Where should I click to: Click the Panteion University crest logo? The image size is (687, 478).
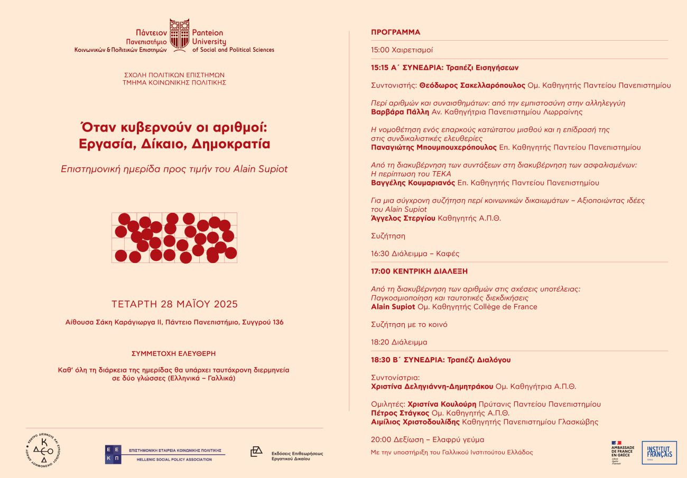point(179,34)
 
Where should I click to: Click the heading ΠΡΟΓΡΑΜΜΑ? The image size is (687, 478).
point(395,32)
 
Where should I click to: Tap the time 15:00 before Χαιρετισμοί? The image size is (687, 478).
point(379,50)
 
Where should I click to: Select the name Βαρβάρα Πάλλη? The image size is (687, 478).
point(400,112)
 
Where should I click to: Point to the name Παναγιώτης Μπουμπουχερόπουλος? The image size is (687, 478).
point(434,147)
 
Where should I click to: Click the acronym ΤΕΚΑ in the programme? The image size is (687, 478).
point(441,174)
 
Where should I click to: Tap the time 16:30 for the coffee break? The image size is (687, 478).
point(380,254)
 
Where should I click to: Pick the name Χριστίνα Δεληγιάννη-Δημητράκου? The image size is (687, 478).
point(432,387)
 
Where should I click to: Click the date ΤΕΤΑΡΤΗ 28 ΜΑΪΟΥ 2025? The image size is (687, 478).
point(174,304)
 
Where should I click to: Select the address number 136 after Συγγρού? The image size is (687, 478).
point(277,322)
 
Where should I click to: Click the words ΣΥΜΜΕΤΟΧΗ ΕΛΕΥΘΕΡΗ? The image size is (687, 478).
point(173,353)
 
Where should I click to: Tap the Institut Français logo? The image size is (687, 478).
point(659,453)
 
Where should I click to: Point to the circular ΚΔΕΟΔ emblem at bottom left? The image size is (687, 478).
point(44,450)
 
